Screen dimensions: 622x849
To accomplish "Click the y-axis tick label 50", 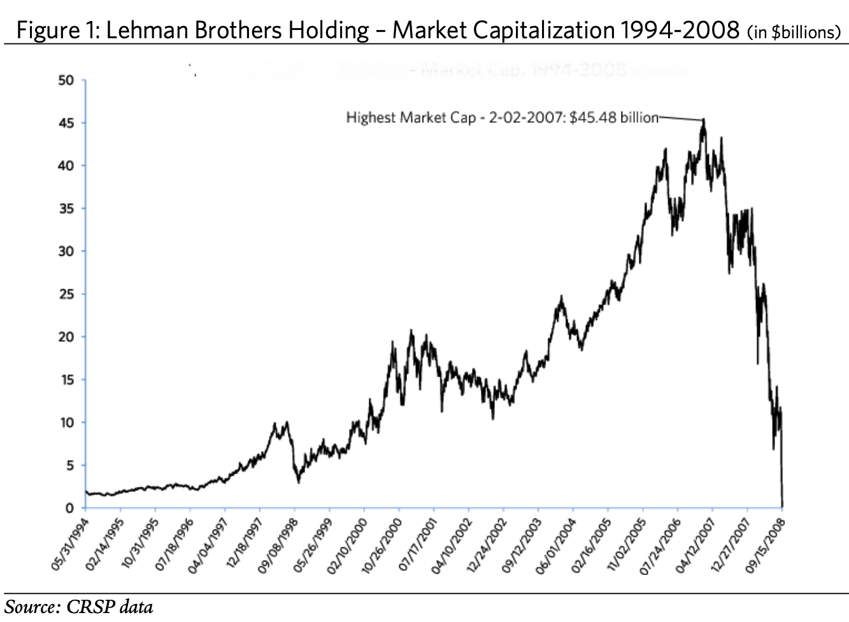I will click(66, 80).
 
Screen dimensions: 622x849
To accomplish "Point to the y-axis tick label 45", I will click(66, 123).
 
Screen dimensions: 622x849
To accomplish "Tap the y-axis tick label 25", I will click(66, 294).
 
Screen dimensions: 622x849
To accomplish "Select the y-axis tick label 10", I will click(66, 423).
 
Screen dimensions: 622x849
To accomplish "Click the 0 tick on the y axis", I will click(69, 508).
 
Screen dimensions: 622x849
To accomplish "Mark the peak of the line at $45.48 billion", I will click(704, 119).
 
